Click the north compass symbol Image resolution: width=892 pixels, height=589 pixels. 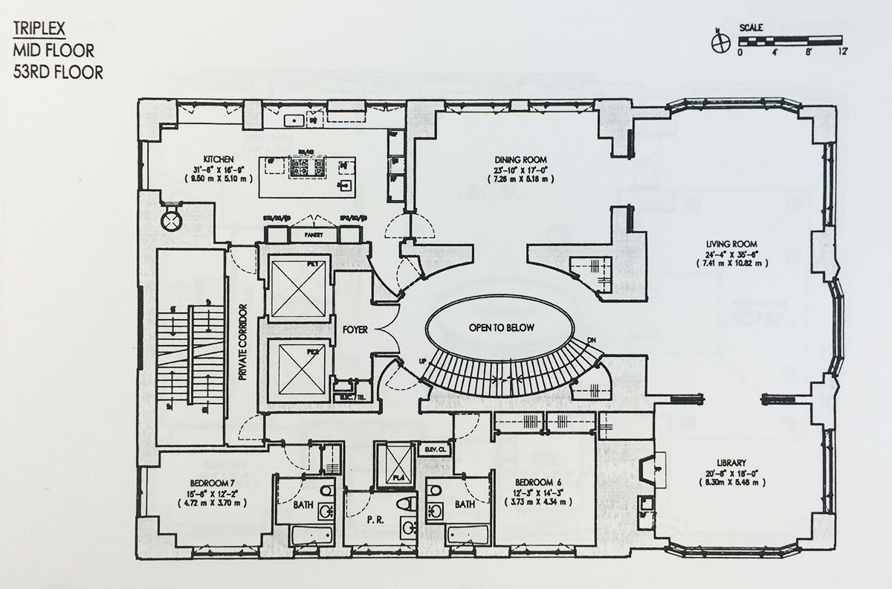click(718, 42)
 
